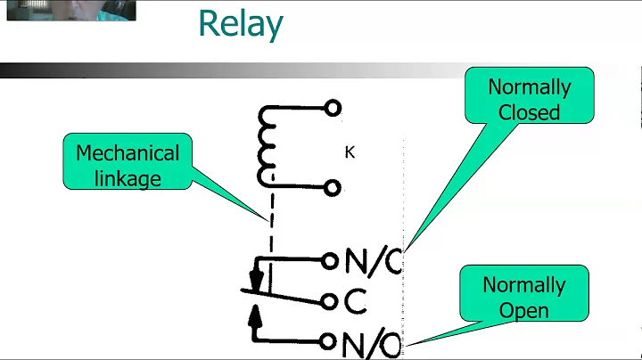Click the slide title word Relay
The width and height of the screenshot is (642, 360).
point(240,24)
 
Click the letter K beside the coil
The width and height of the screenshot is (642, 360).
point(350,152)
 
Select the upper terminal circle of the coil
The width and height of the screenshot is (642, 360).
point(333,109)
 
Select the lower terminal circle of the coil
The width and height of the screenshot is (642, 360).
point(333,187)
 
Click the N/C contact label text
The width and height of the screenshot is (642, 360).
point(374,260)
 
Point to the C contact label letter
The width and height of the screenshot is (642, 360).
point(355,301)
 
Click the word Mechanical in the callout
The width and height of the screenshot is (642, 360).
point(128,153)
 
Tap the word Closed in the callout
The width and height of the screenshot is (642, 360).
point(529,112)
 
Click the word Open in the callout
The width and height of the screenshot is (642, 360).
point(524,310)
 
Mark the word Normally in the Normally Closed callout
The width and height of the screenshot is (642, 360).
point(529,87)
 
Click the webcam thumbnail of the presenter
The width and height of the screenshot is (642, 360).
point(68,10)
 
